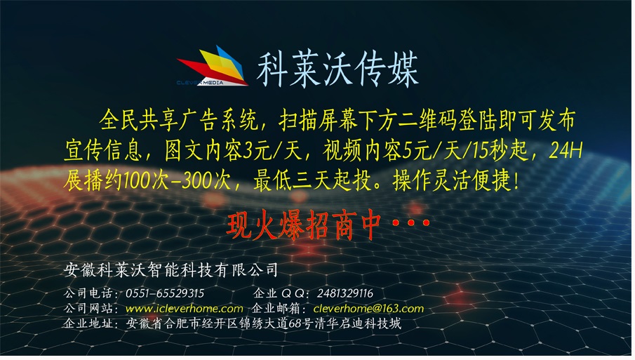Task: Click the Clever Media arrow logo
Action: click(213, 66)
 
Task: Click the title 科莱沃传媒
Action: click(337, 69)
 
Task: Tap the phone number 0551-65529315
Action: click(165, 293)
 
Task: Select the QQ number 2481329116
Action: click(345, 293)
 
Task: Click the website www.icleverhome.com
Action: click(185, 309)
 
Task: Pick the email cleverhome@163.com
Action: click(368, 309)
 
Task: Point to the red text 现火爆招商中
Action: click(304, 225)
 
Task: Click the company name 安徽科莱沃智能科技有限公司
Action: click(171, 269)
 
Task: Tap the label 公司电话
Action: click(88, 293)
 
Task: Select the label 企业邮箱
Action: click(276, 309)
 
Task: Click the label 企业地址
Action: click(88, 324)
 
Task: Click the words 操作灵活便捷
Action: click(452, 180)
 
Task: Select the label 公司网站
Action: click(88, 309)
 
